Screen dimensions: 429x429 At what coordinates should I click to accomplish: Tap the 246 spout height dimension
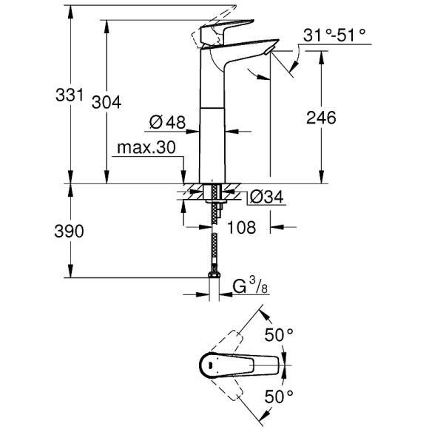pos(320,118)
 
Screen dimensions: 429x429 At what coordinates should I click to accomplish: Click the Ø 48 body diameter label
pos(166,122)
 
